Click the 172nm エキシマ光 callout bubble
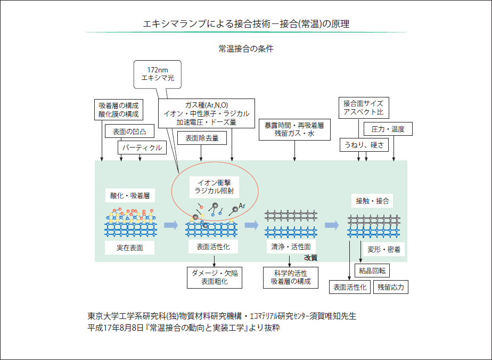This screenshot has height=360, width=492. (x=157, y=73)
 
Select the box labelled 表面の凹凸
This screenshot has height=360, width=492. (x=126, y=131)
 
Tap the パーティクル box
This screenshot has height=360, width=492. (x=142, y=148)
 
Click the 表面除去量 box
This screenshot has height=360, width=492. (x=206, y=138)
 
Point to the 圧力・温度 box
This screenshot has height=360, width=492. (x=388, y=129)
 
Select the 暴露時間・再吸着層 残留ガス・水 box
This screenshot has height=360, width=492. (x=294, y=130)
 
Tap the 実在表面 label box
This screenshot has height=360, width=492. (x=130, y=247)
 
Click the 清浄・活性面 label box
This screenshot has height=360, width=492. (x=291, y=247)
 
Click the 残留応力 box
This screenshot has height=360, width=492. (x=391, y=287)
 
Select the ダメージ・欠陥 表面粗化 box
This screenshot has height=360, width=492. (x=215, y=277)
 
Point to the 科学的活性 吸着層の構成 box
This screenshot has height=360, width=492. (x=290, y=277)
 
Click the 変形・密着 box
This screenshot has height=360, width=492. (x=383, y=249)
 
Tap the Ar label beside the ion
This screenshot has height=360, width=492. (x=242, y=205)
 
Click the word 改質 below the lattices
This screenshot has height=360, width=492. (x=311, y=257)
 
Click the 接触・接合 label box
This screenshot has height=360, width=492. (x=372, y=201)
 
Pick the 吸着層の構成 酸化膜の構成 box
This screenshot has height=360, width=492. (x=118, y=110)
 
